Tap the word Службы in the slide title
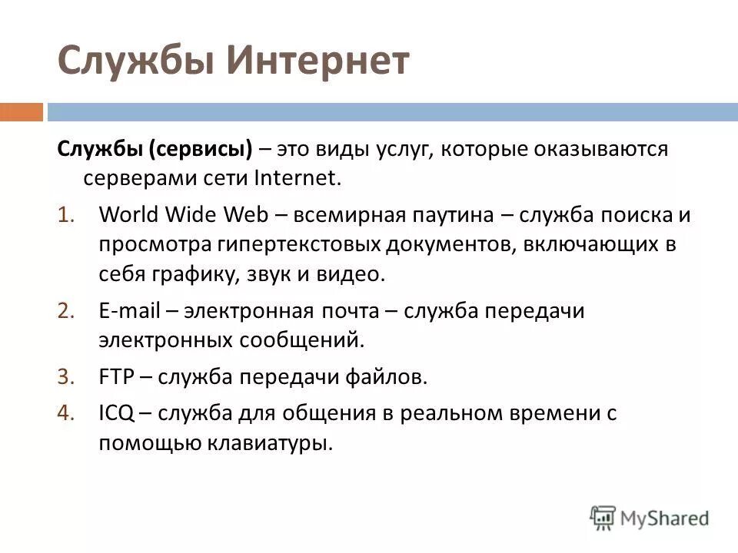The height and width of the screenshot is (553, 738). (x=135, y=62)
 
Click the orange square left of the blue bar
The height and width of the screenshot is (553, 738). (x=21, y=113)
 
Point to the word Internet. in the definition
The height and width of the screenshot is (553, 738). (x=295, y=178)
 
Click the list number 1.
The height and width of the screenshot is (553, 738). (x=65, y=215)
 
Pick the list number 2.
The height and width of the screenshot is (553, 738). (x=65, y=310)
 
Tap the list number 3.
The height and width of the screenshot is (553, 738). (x=65, y=376)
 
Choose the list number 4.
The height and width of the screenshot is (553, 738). (x=65, y=413)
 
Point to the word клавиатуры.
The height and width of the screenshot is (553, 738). (x=259, y=444)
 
